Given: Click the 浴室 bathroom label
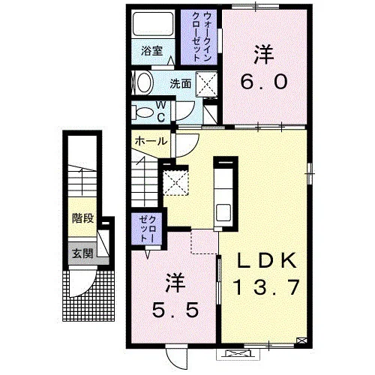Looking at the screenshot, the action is pos(151,51).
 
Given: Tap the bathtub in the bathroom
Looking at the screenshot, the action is pos(153,24).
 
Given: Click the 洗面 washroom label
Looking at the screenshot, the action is pos(181,84).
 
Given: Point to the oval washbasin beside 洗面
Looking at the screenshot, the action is pos(145,82).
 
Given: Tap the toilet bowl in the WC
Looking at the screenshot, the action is pos(145,112).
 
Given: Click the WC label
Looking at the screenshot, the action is pos(161,112).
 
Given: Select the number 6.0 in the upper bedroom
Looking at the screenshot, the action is pos(264,82).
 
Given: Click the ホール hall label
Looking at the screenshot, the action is pos(151,141).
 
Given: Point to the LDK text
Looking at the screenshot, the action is pos(266,260).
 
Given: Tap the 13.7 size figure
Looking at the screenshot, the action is pos(265,287).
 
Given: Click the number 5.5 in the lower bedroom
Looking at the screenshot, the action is pos(175,310).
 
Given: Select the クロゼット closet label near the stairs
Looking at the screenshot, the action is pos(148,229).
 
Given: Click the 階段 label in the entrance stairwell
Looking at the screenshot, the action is pos(82,218).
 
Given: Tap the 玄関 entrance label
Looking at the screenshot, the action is pos(82,253).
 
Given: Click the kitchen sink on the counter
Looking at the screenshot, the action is pos(223,213).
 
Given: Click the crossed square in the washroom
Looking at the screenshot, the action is pos(206,84).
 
